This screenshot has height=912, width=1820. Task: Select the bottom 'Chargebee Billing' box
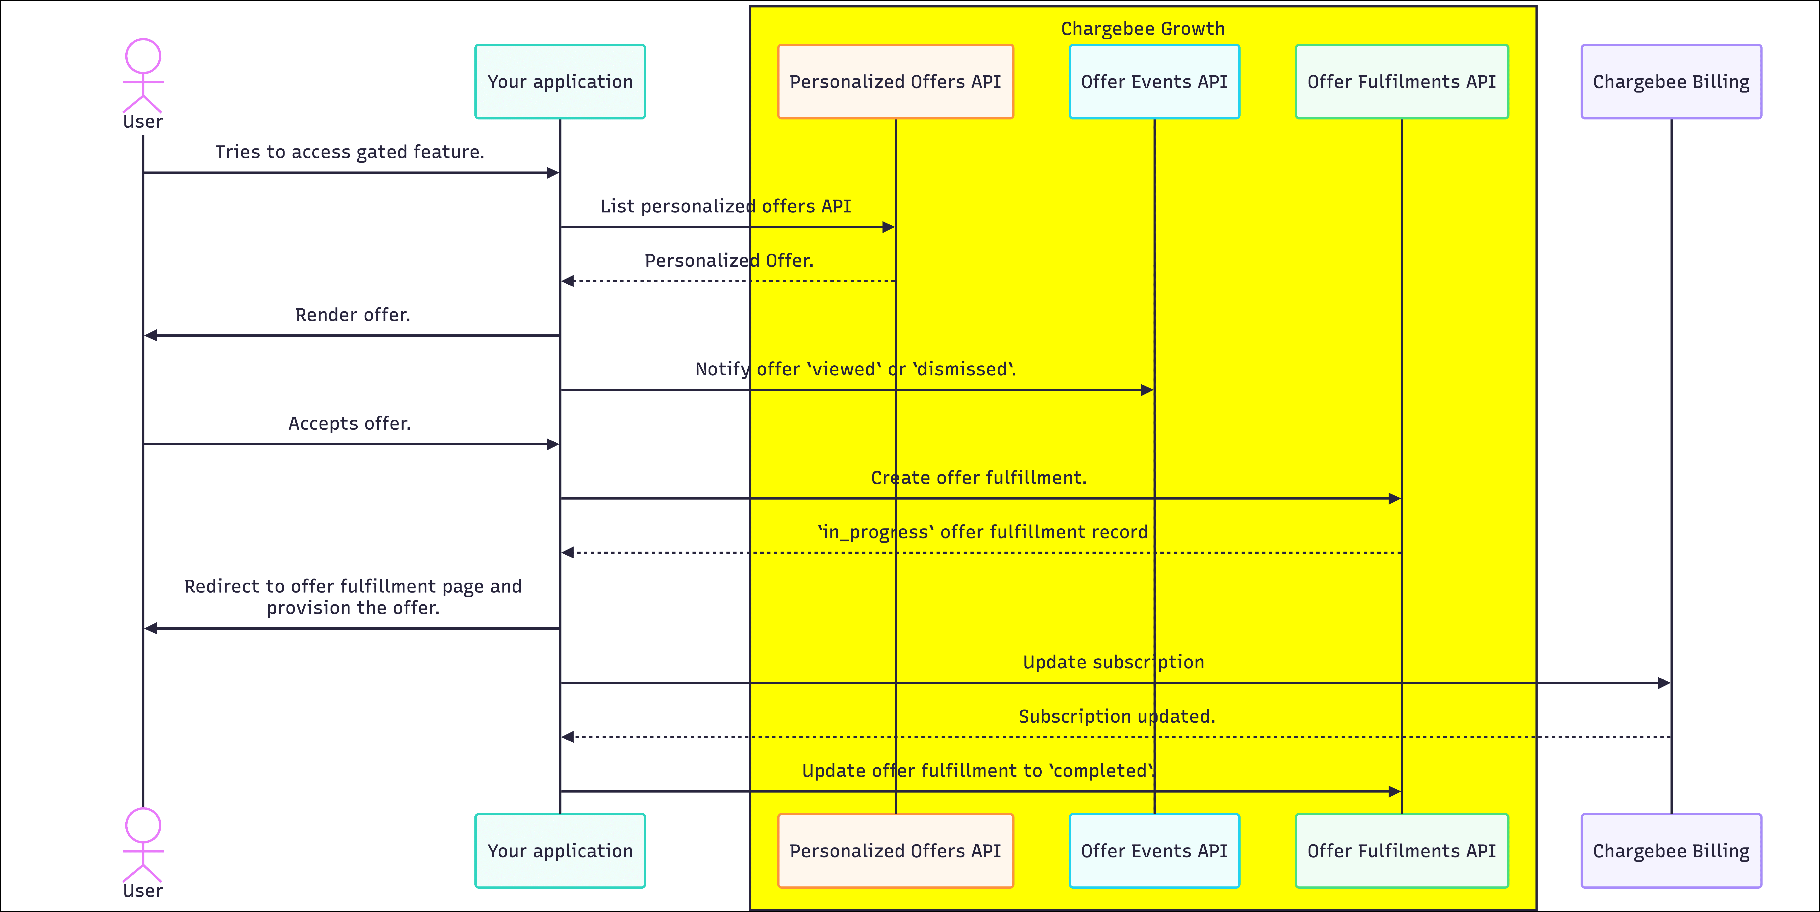tap(1671, 850)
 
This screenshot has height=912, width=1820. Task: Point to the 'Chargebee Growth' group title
tap(1142, 29)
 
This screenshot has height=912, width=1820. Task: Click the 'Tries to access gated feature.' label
tap(350, 152)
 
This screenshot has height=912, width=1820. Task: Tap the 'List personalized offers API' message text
tap(726, 206)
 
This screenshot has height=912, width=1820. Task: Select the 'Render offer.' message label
tap(353, 315)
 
